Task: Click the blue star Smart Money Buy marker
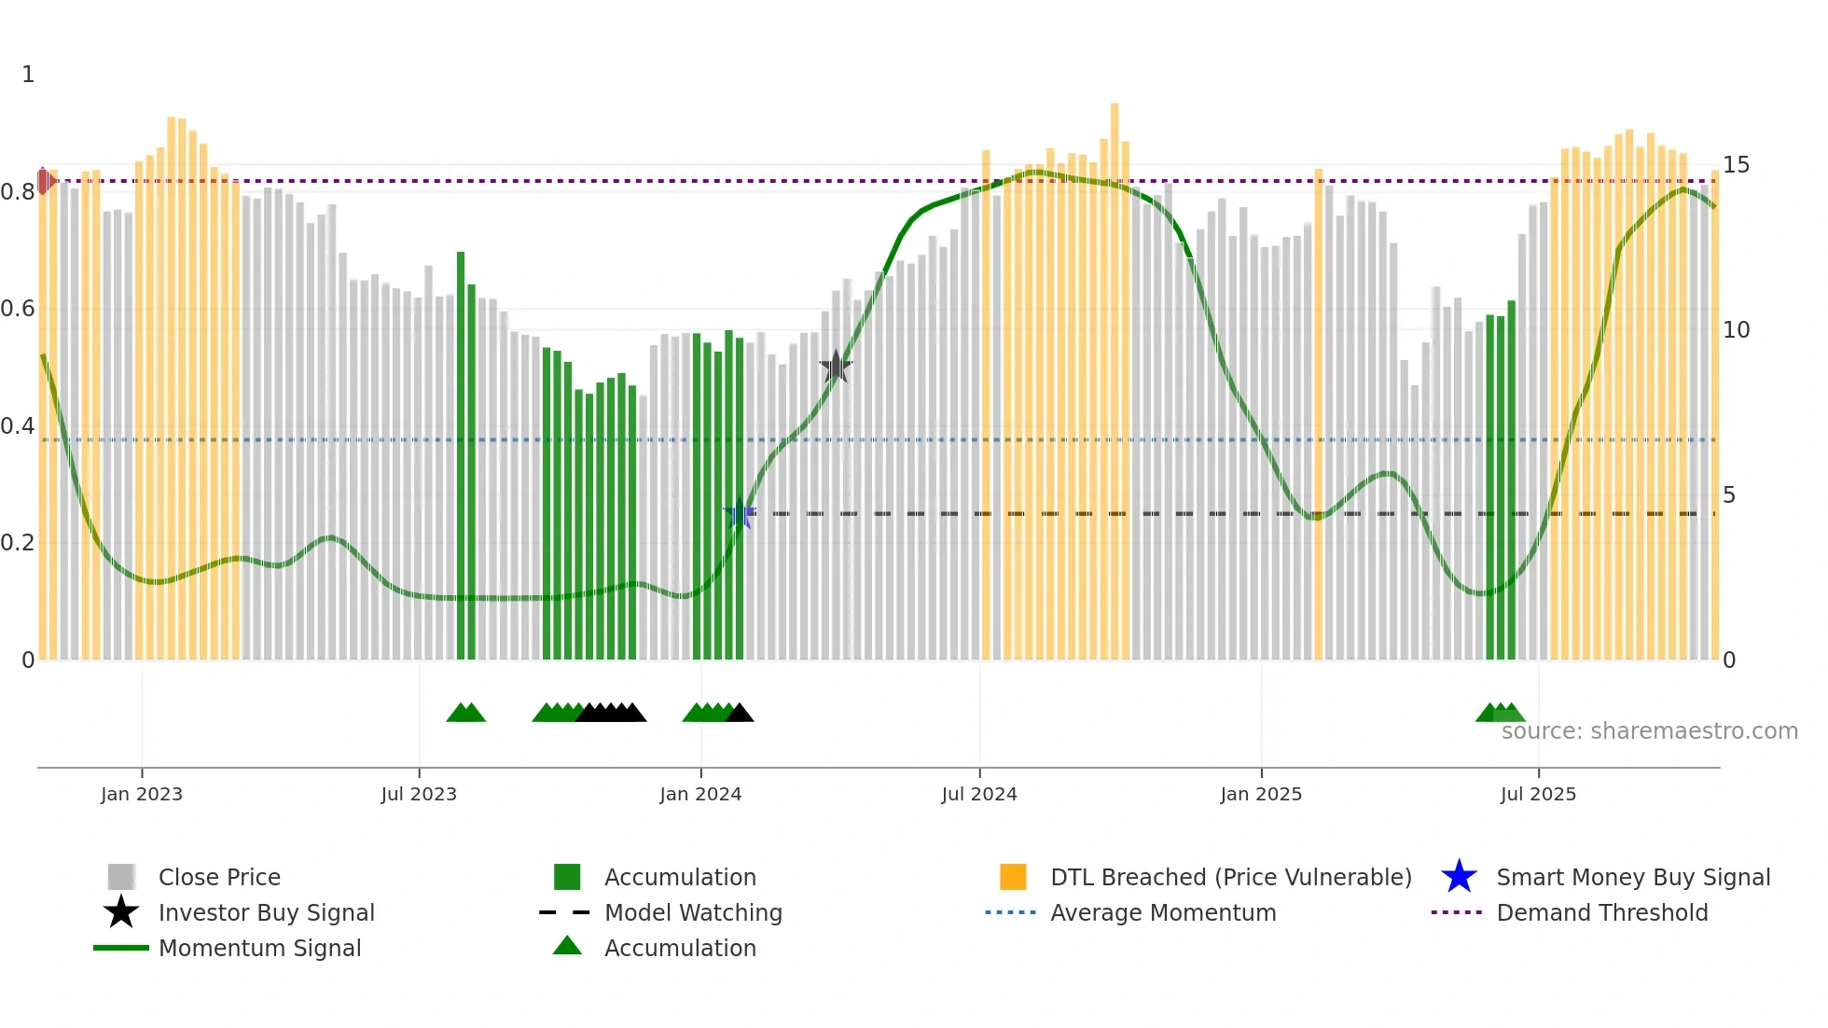(x=740, y=513)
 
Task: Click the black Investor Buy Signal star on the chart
(x=836, y=367)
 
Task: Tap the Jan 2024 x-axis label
(x=700, y=794)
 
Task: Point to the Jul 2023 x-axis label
(x=419, y=794)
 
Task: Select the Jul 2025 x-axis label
(x=1538, y=794)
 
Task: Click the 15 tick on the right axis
(x=1736, y=165)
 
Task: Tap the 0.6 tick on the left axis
(x=18, y=309)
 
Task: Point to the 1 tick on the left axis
(x=28, y=75)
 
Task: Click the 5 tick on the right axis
(x=1729, y=495)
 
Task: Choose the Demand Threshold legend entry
(x=1601, y=912)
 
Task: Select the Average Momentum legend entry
(x=1162, y=912)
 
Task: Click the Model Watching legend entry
(x=692, y=912)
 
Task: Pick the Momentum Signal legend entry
(x=259, y=948)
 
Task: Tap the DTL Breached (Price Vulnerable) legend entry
(x=1230, y=877)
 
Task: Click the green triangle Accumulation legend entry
(x=679, y=948)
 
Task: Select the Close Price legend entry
(x=218, y=877)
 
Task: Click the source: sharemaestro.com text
(x=1649, y=730)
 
